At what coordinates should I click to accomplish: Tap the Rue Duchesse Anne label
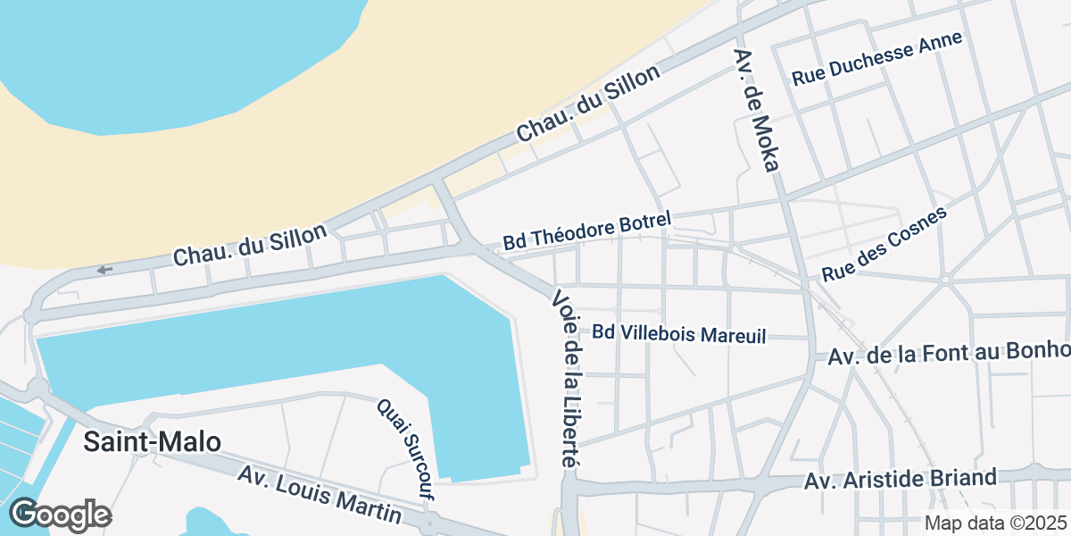(878, 58)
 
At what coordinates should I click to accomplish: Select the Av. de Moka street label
(757, 108)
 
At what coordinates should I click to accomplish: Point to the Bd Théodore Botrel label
(586, 230)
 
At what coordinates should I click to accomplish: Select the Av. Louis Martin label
(319, 494)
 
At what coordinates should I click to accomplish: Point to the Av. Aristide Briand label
(900, 480)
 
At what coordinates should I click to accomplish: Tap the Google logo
(60, 515)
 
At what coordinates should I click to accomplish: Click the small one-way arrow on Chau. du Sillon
(105, 270)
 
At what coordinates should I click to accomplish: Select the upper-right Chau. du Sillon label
(588, 104)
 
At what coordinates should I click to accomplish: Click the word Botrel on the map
(637, 222)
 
